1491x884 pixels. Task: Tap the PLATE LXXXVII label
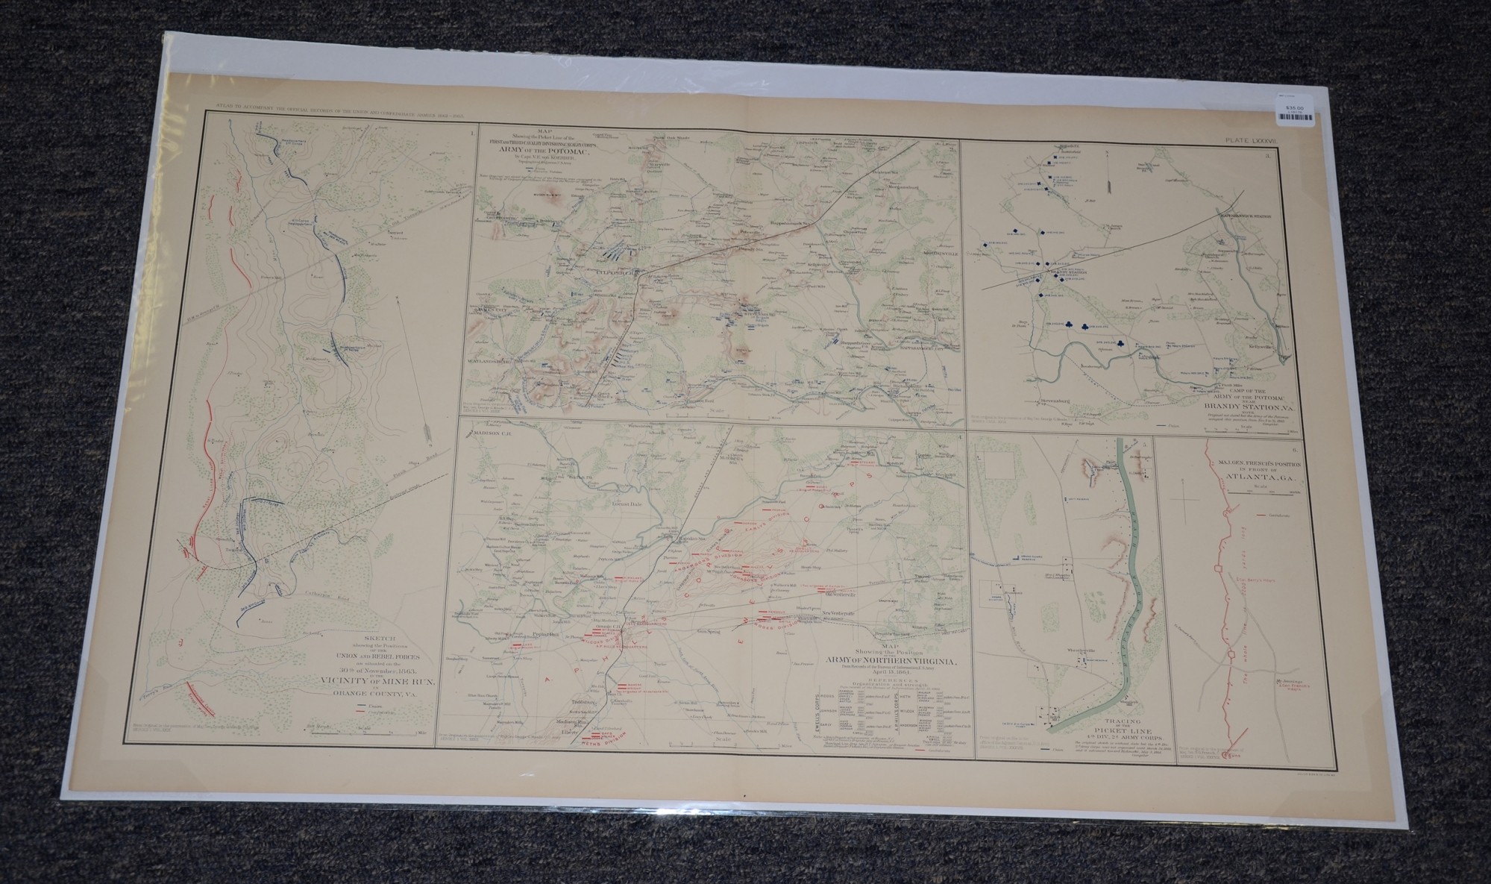pyautogui.click(x=1255, y=139)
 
